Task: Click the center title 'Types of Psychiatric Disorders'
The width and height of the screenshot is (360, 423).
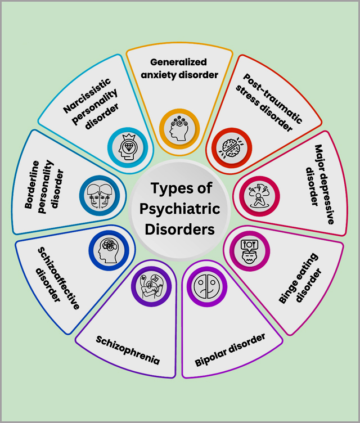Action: coord(181,209)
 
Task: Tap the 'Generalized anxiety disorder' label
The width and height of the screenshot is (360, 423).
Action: coord(179,68)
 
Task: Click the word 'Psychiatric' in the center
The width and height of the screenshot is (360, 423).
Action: coord(181,209)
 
